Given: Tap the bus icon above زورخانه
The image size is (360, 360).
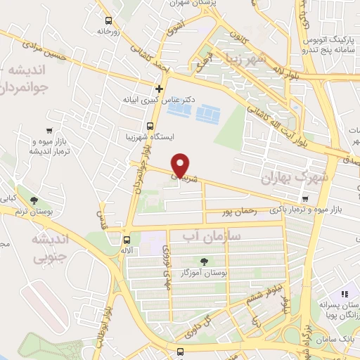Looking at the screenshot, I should pyautogui.click(x=108, y=21).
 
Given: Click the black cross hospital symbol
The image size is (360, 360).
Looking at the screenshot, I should pyautogui.click(x=160, y=89).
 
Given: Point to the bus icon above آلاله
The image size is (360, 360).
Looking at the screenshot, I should pyautogui.click(x=125, y=239).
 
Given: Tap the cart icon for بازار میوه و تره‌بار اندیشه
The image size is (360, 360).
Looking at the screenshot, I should pyautogui.click(x=49, y=130).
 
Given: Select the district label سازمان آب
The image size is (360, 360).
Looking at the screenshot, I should pyautogui.click(x=211, y=237).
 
